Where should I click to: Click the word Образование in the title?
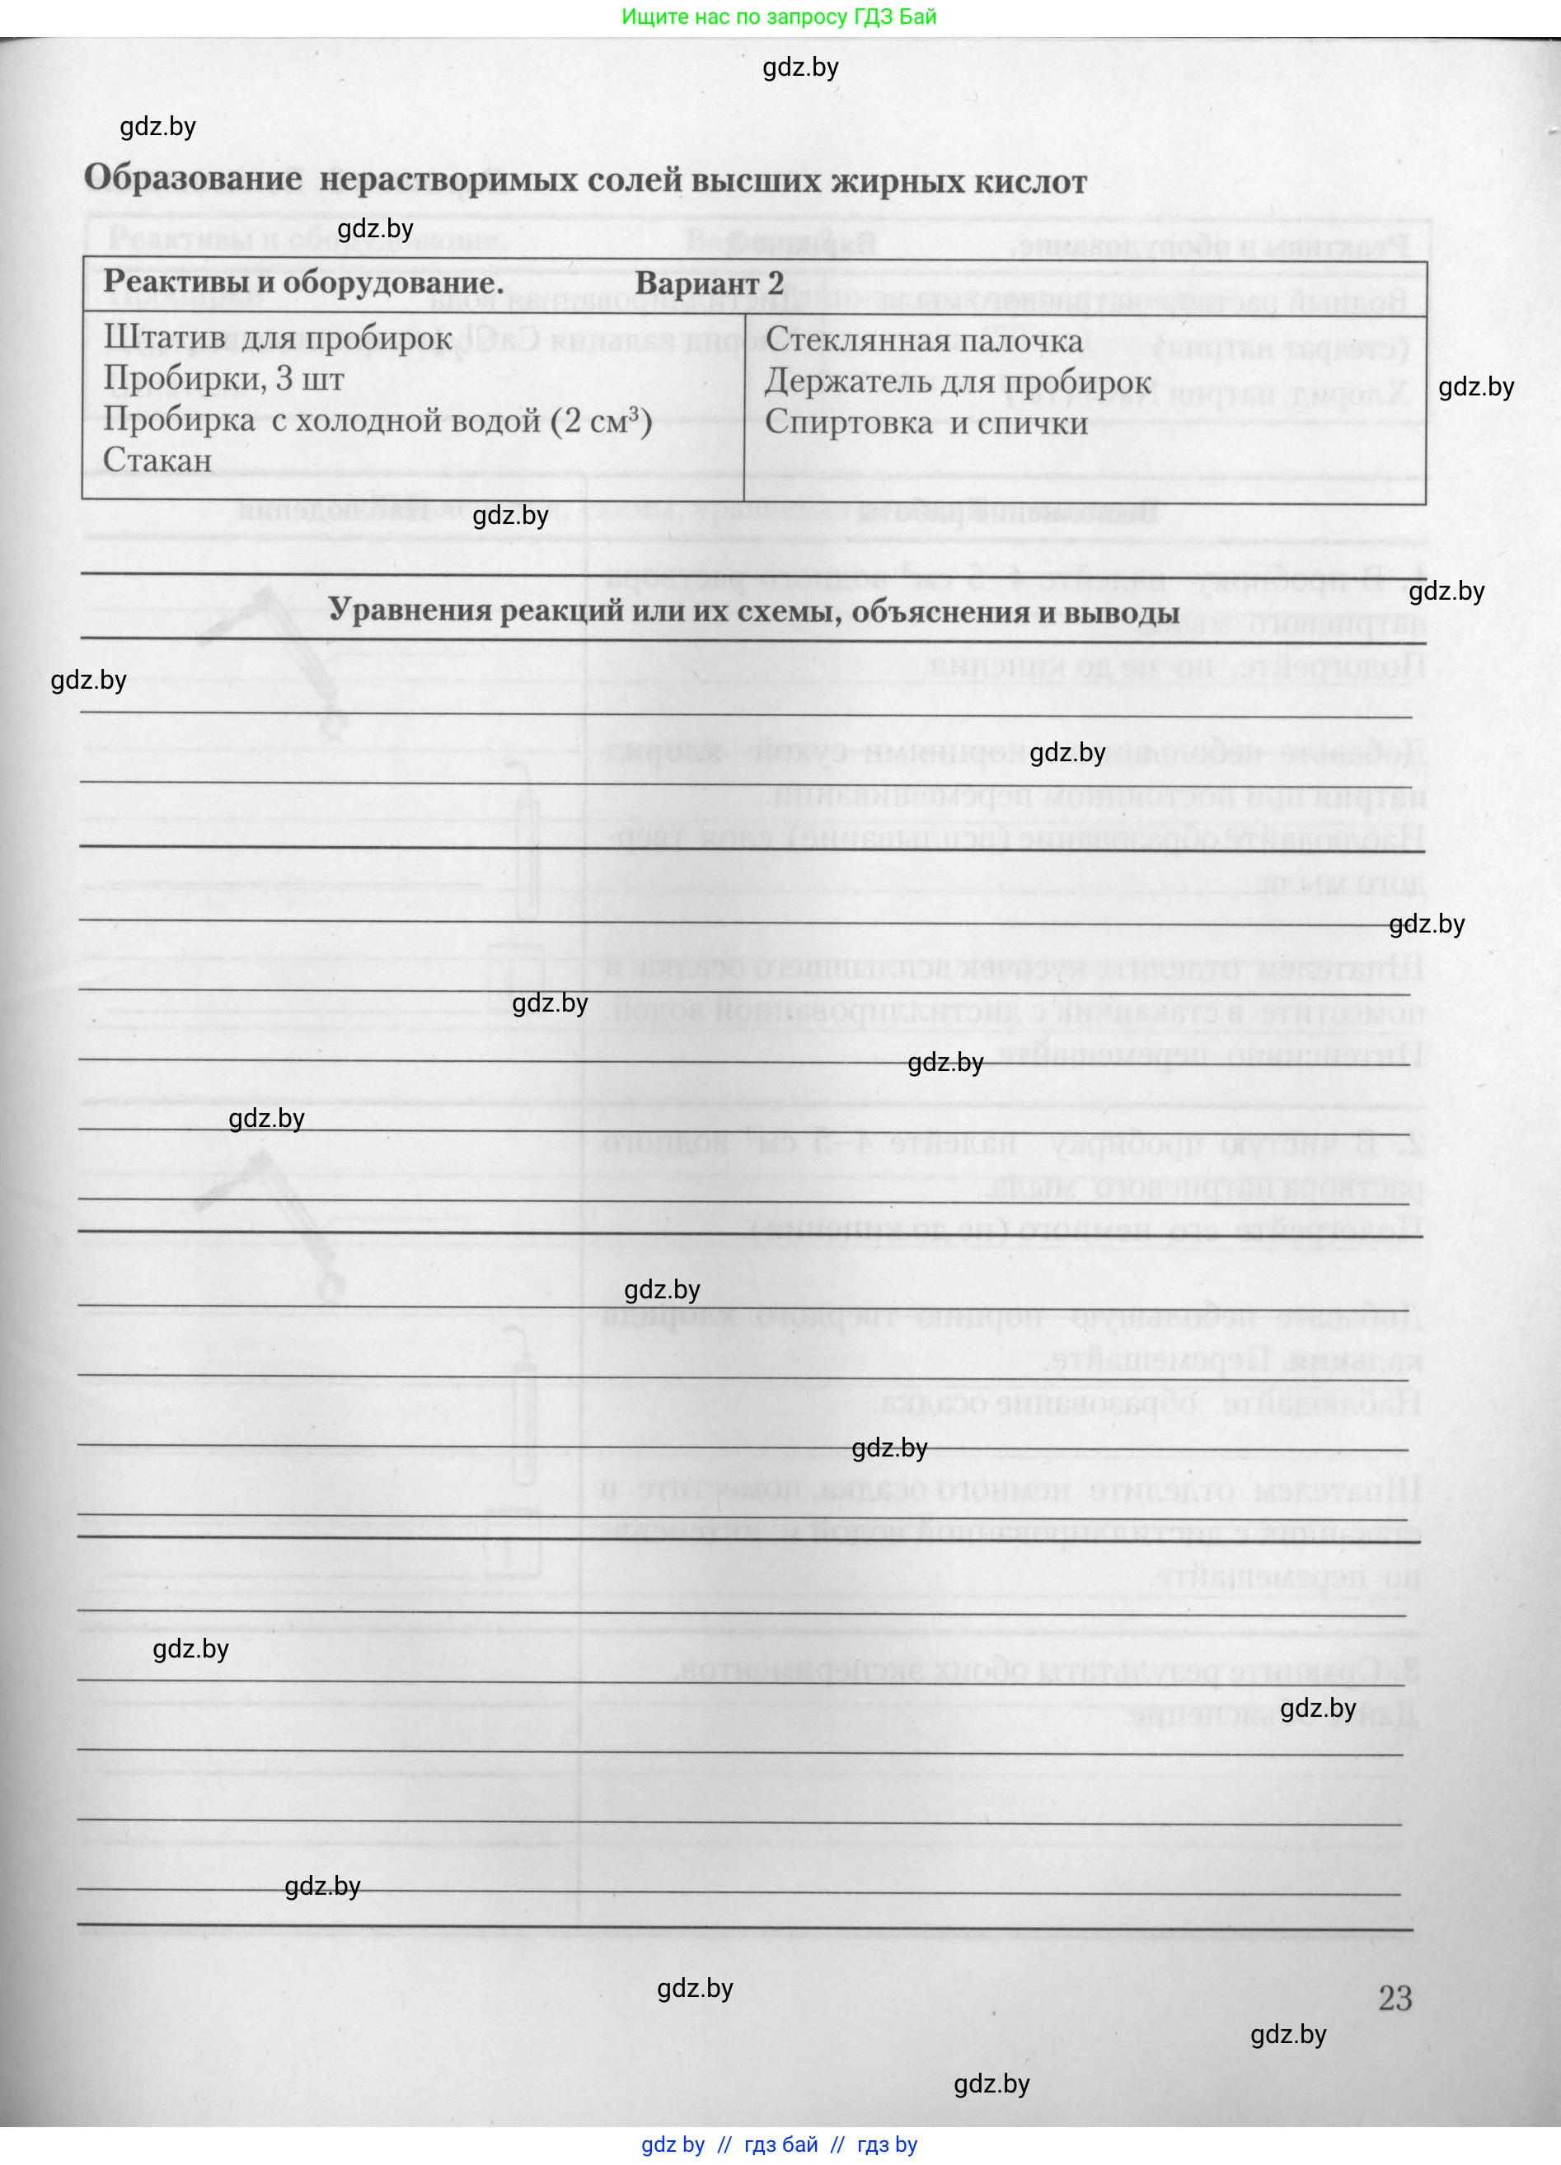193,179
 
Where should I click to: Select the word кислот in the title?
1030,181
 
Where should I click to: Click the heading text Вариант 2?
709,283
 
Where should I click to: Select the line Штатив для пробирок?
278,338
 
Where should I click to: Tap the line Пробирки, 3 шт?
223,379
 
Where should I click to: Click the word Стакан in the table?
157,461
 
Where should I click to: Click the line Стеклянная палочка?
923,340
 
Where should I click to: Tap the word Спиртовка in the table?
849,423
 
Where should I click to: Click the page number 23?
1395,1997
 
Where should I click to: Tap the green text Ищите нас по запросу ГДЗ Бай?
779,16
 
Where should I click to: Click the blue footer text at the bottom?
779,2144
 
